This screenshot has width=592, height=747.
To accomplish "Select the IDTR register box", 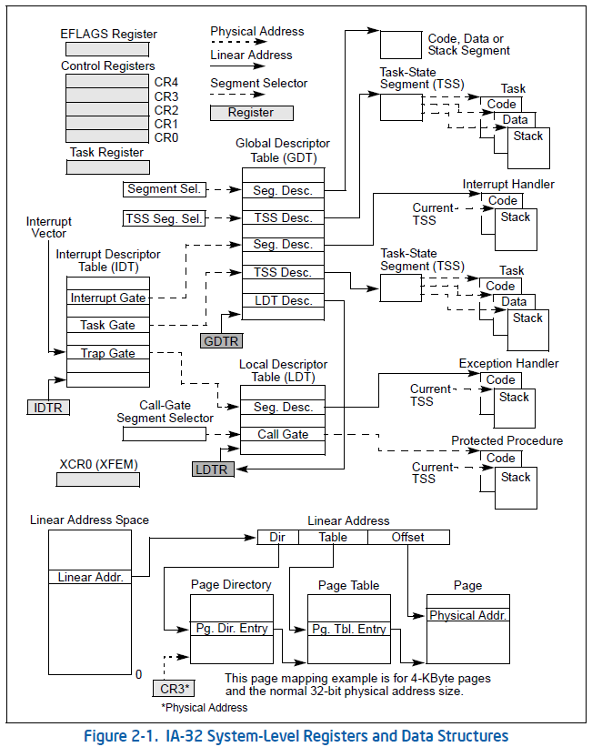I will (x=47, y=407).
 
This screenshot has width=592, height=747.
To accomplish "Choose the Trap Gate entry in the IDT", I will (x=107, y=353).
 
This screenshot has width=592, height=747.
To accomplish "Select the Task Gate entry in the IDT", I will (x=107, y=325).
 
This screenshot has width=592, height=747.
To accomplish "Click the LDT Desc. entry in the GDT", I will (x=283, y=300).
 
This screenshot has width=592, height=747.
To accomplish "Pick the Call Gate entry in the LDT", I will (x=283, y=434).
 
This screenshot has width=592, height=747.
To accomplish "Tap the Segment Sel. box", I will (x=164, y=189).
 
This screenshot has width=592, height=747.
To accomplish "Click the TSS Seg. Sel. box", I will (x=164, y=217).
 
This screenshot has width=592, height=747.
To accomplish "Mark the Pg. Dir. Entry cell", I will (x=231, y=629).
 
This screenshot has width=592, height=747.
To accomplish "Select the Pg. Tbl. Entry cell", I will (x=349, y=629).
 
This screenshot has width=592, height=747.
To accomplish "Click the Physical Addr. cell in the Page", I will (x=467, y=616).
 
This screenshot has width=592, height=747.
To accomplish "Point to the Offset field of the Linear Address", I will (x=407, y=537).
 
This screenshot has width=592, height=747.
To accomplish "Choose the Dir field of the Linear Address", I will (x=277, y=537).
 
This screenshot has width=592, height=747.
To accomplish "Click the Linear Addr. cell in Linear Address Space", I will (x=90, y=577).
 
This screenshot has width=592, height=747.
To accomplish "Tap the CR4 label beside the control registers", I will (x=166, y=82).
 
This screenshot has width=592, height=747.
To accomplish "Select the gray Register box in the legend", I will (x=251, y=113).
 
